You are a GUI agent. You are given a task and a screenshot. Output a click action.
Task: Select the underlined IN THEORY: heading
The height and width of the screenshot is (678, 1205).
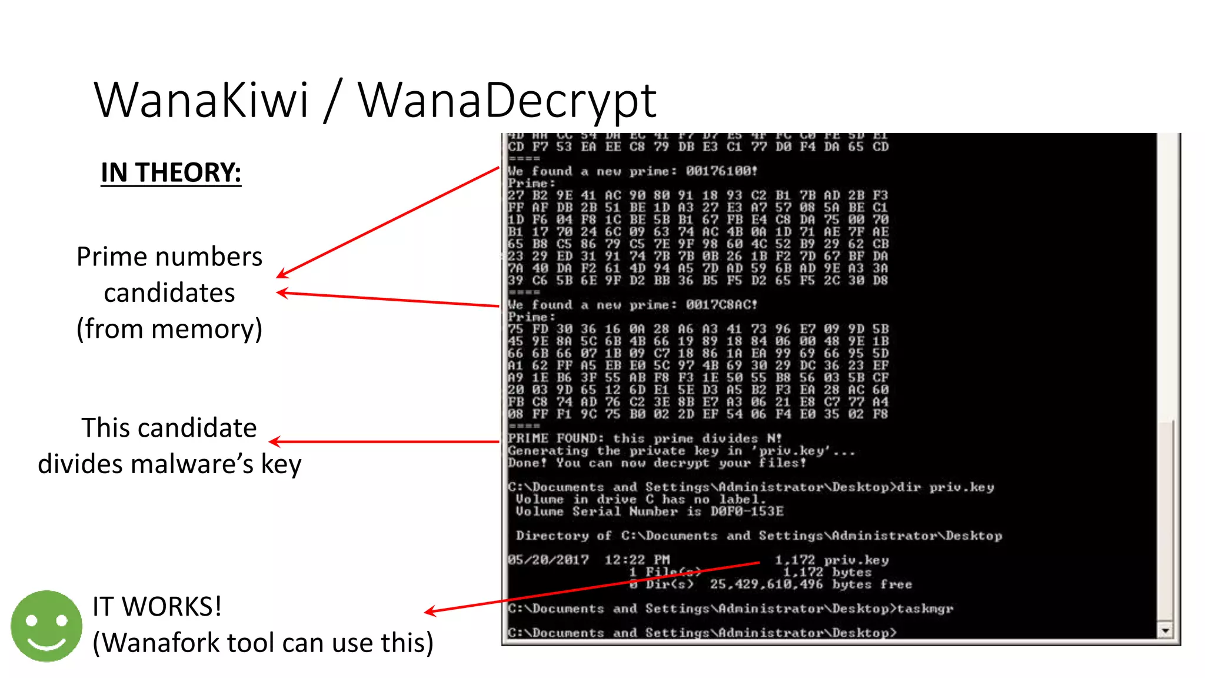click(x=171, y=173)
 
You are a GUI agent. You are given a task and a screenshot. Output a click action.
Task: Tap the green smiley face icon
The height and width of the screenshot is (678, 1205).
click(x=46, y=626)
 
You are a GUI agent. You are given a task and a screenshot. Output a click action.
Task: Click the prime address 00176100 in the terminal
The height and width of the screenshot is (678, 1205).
click(x=721, y=171)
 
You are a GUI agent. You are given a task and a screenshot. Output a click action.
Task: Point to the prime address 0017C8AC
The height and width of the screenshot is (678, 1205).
click(x=721, y=305)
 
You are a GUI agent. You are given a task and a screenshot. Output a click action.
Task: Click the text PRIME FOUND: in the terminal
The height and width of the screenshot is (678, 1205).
click(x=555, y=438)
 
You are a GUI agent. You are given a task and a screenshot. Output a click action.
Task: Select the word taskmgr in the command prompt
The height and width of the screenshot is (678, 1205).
click(x=925, y=609)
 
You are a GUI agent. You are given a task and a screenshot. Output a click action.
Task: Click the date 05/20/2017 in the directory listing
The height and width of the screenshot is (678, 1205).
click(x=548, y=560)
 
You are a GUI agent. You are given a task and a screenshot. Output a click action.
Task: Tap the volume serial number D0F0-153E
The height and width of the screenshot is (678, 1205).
click(x=747, y=511)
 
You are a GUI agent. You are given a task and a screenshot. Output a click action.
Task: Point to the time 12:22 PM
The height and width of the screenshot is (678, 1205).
click(x=637, y=560)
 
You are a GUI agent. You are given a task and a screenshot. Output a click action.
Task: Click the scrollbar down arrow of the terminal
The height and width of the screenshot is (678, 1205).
click(x=1165, y=631)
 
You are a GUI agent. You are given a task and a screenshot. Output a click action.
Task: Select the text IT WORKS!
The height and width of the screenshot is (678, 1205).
click(x=157, y=607)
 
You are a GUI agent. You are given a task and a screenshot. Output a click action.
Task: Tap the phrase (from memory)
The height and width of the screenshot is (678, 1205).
click(x=169, y=329)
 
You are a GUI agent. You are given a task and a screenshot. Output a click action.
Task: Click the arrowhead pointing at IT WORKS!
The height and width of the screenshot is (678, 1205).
click(x=430, y=611)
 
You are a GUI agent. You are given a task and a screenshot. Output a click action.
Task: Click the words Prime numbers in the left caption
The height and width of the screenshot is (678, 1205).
click(x=169, y=257)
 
